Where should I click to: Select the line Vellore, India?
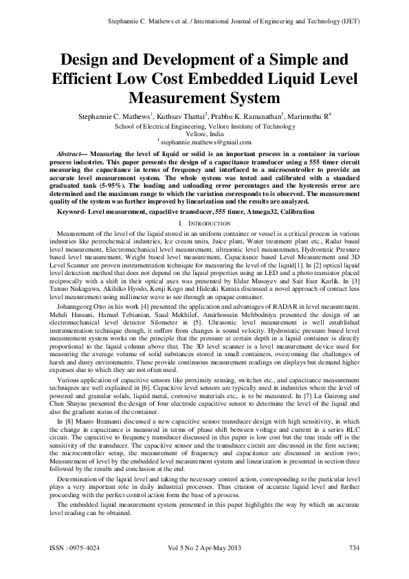point(204,133)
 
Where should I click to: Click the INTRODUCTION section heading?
point(208,223)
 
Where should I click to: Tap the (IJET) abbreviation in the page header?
point(346,23)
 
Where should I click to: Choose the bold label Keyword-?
point(75,212)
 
